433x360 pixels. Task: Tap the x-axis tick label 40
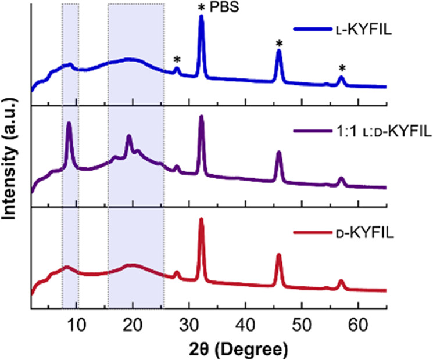coord(245,324)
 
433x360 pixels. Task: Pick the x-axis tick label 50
coord(302,324)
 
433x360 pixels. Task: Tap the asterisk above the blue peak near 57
coord(342,68)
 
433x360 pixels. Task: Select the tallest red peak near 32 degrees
coord(201,219)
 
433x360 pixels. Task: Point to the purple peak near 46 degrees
coord(279,152)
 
